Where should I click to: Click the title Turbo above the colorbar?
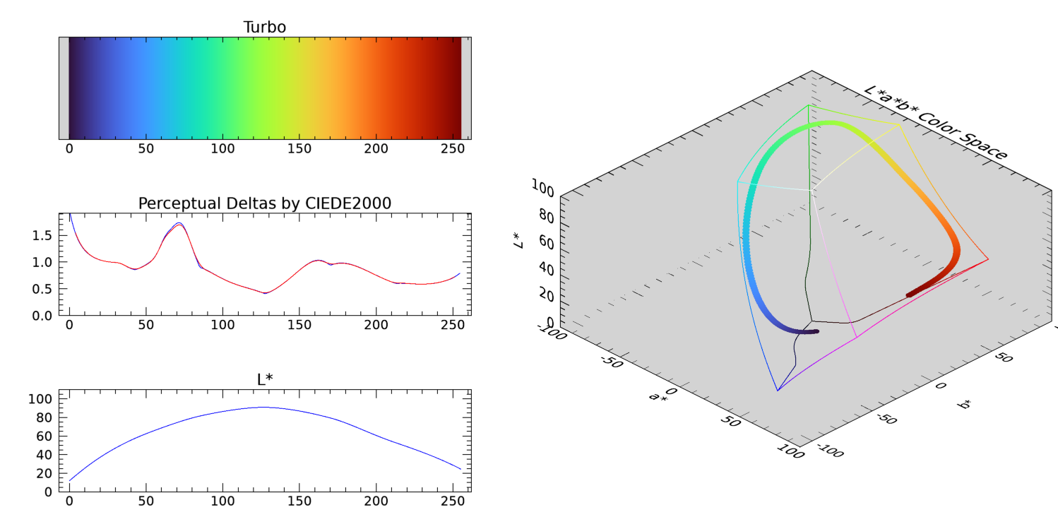click(264, 27)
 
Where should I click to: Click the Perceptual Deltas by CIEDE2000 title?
click(264, 203)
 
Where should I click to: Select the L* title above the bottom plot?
click(264, 380)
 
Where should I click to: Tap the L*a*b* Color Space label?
click(936, 123)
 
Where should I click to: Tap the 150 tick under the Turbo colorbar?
click(299, 149)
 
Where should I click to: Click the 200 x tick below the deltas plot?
click(376, 325)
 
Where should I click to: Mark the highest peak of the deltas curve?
click(179, 223)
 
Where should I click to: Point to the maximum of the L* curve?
click(263, 407)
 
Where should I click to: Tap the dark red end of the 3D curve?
click(910, 295)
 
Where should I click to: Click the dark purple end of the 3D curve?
click(815, 331)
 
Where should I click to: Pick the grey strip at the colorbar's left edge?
click(64, 88)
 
